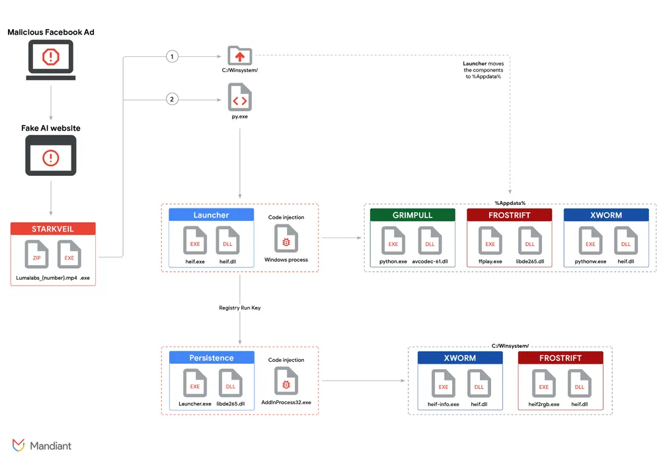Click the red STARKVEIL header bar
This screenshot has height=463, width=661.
[53, 229]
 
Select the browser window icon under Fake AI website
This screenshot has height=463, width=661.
[51, 156]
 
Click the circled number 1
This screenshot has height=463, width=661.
[173, 57]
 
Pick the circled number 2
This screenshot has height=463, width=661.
[173, 100]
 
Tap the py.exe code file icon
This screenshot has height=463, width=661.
[239, 98]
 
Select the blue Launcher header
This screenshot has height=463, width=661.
[211, 215]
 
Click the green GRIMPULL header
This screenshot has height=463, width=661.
[412, 215]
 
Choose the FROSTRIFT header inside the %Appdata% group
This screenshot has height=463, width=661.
[509, 215]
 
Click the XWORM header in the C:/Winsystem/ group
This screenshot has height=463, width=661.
[459, 358]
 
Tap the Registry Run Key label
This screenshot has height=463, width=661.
[239, 308]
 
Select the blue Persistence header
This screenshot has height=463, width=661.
[212, 358]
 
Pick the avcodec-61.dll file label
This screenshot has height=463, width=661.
[430, 261]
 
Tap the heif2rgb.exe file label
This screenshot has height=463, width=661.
[543, 404]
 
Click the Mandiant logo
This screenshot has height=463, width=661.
[42, 445]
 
